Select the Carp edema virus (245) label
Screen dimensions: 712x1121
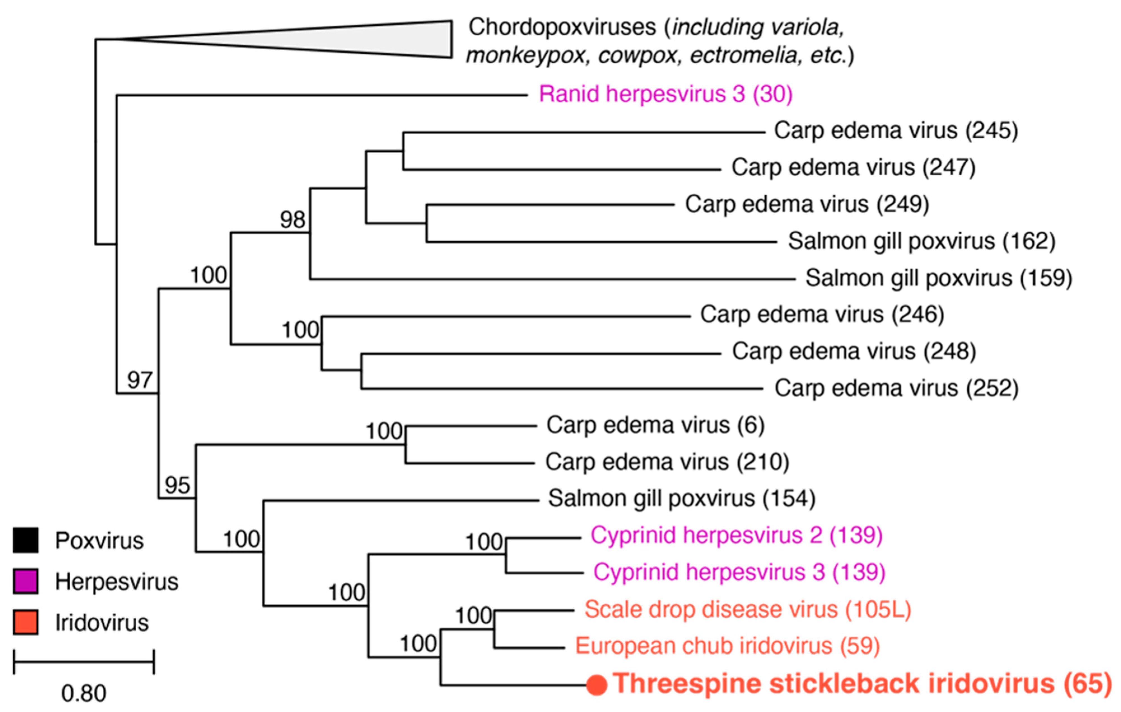coord(896,131)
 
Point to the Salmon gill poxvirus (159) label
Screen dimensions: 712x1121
coord(939,278)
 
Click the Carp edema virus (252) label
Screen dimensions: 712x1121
coord(896,388)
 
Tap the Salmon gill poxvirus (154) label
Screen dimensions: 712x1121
coord(682,498)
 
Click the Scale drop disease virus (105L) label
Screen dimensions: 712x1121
coord(748,609)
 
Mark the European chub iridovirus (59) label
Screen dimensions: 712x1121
coord(727,646)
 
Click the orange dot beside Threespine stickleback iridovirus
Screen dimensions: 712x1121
coord(597,685)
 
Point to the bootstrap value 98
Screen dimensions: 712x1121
coord(292,220)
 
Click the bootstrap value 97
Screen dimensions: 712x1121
coord(140,380)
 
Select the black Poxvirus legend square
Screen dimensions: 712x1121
coord(25,540)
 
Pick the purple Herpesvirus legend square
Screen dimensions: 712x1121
coord(25,581)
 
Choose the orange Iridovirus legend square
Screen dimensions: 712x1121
coord(25,622)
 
